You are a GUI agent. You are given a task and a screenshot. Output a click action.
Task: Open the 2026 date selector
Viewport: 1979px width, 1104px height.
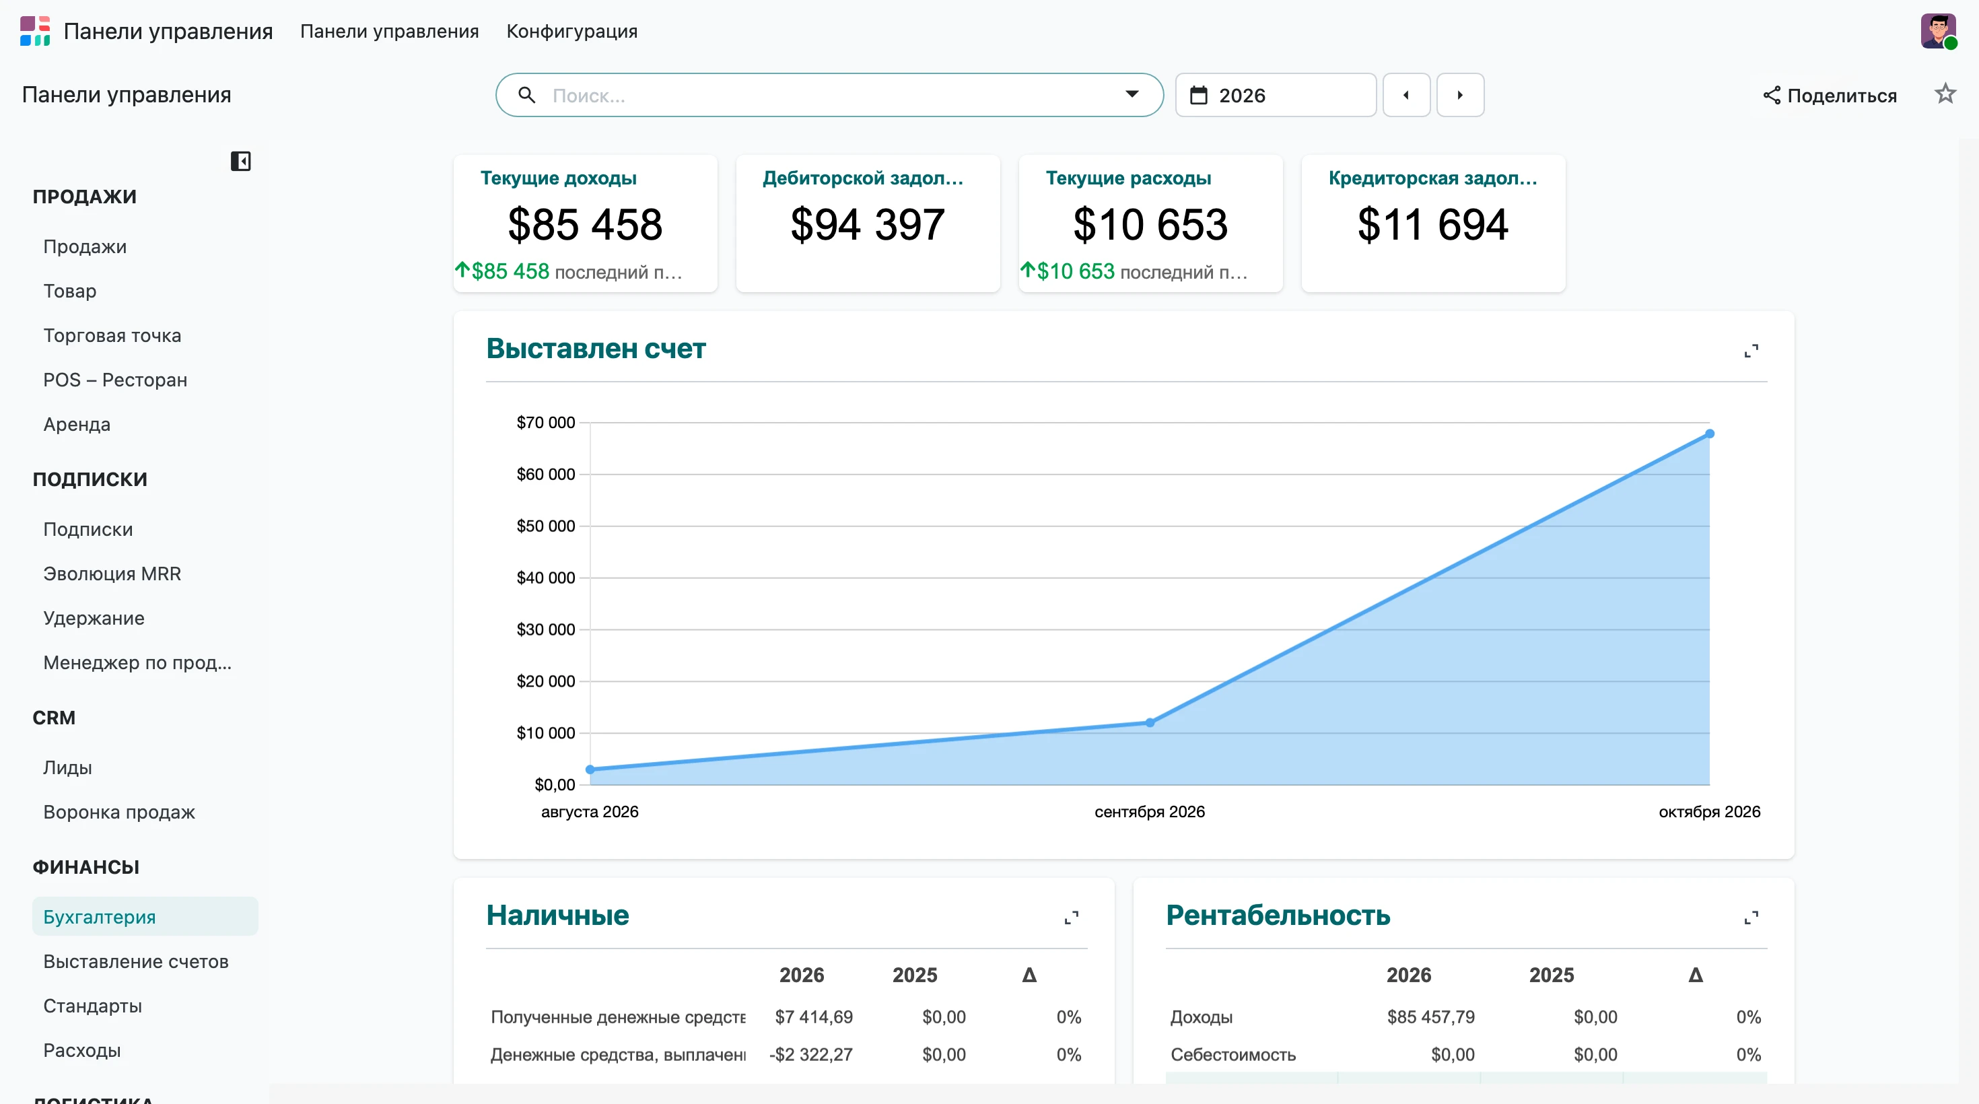point(1276,96)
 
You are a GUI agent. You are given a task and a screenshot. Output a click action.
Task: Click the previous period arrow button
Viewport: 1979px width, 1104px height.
point(1406,96)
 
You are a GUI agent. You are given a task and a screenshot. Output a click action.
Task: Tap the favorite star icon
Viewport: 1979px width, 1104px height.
point(1945,94)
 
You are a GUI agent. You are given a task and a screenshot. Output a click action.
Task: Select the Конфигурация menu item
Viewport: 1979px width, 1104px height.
point(571,32)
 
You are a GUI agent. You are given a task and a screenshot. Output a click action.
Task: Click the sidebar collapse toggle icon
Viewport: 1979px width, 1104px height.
point(240,162)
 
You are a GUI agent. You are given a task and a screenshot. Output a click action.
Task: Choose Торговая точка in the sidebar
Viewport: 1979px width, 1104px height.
point(112,336)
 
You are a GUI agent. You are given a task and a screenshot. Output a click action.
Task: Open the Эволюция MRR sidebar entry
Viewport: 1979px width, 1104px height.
point(112,574)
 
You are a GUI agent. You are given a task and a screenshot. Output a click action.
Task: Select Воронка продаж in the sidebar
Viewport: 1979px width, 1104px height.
point(119,812)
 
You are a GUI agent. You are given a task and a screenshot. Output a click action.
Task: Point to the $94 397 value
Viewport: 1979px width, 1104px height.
point(868,224)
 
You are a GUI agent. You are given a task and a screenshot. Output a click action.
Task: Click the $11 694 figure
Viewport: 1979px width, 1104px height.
point(1433,224)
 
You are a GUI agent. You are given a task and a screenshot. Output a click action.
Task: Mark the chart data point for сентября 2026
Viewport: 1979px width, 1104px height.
point(1149,722)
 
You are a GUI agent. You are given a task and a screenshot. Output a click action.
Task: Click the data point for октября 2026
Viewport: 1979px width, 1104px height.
point(1709,434)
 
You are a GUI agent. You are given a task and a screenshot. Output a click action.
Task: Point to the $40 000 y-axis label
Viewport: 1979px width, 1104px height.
point(545,578)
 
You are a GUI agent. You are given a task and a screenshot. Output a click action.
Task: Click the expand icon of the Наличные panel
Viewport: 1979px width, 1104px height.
point(1071,918)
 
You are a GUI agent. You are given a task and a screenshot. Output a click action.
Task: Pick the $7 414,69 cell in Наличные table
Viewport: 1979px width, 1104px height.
point(814,1017)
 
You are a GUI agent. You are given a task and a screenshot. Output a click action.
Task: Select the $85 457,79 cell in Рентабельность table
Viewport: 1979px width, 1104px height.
point(1430,1017)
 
